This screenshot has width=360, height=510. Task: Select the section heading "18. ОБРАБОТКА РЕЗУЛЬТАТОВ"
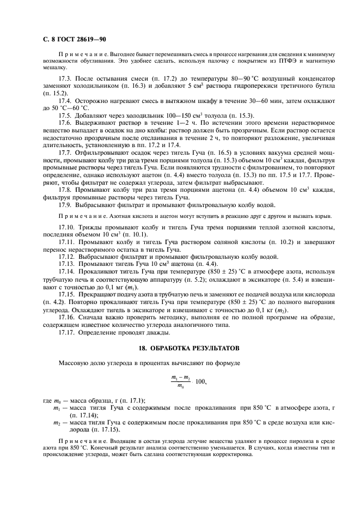(179, 348)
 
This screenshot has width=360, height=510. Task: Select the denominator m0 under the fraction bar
(179, 386)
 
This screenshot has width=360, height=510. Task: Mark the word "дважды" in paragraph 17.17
(157, 332)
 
